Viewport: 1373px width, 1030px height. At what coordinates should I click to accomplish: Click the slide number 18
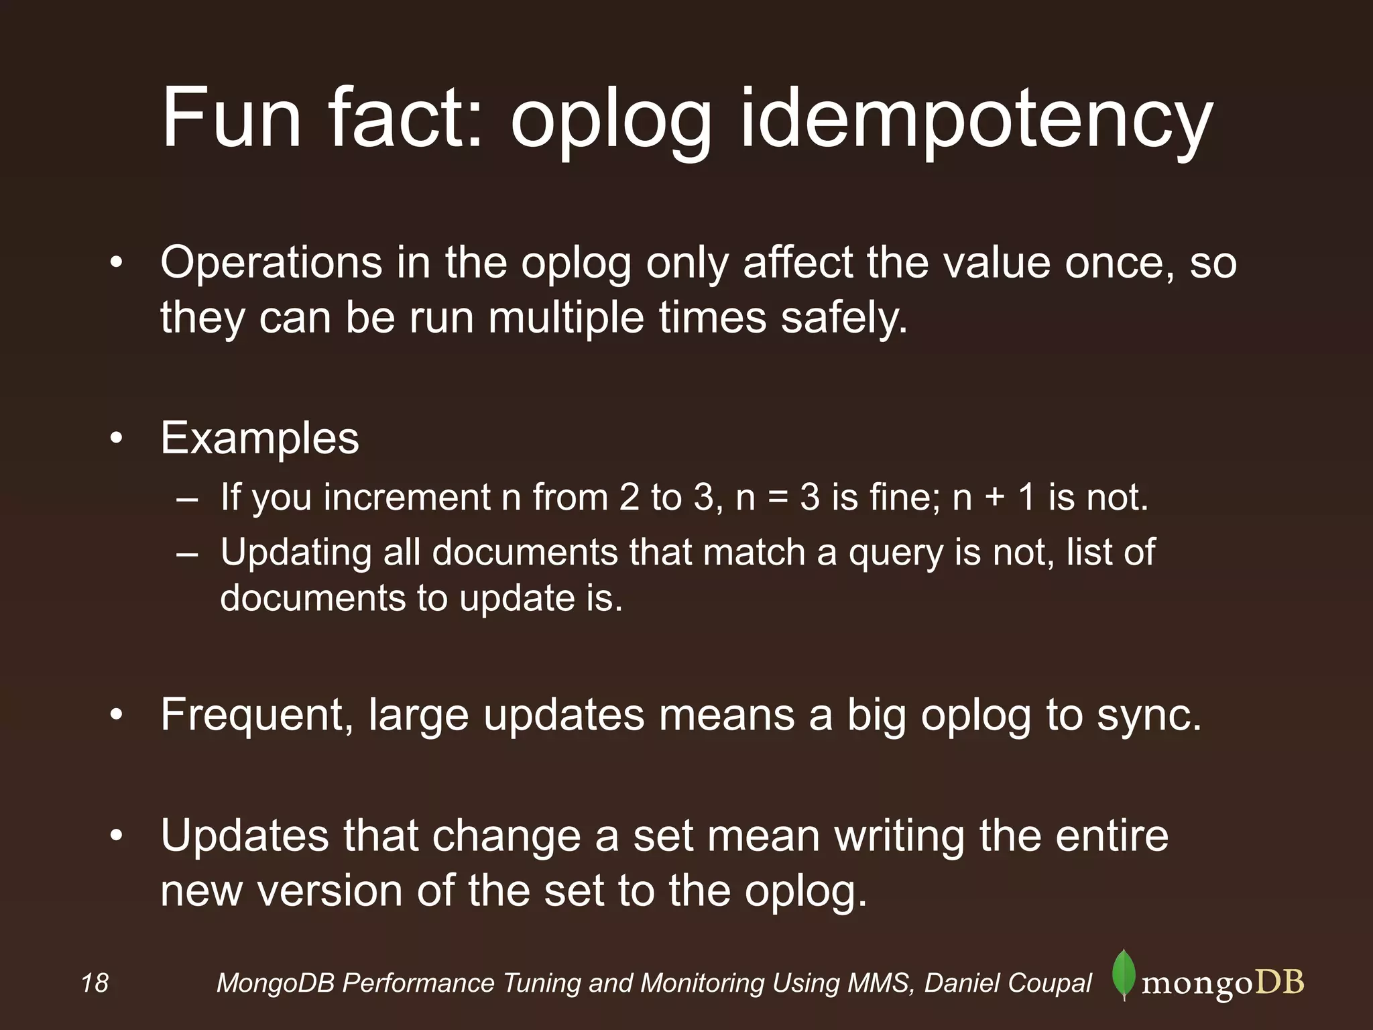coord(95,983)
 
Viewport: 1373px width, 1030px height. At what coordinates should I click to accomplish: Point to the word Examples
coord(259,439)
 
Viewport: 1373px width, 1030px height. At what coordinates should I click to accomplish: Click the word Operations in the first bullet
coord(271,263)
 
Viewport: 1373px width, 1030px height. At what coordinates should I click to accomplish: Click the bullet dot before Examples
coord(117,439)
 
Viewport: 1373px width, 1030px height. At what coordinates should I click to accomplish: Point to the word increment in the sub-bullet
coord(407,498)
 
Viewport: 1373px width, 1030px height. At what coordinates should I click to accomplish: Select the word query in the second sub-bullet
coord(896,554)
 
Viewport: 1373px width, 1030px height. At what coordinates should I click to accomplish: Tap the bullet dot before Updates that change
coord(117,837)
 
